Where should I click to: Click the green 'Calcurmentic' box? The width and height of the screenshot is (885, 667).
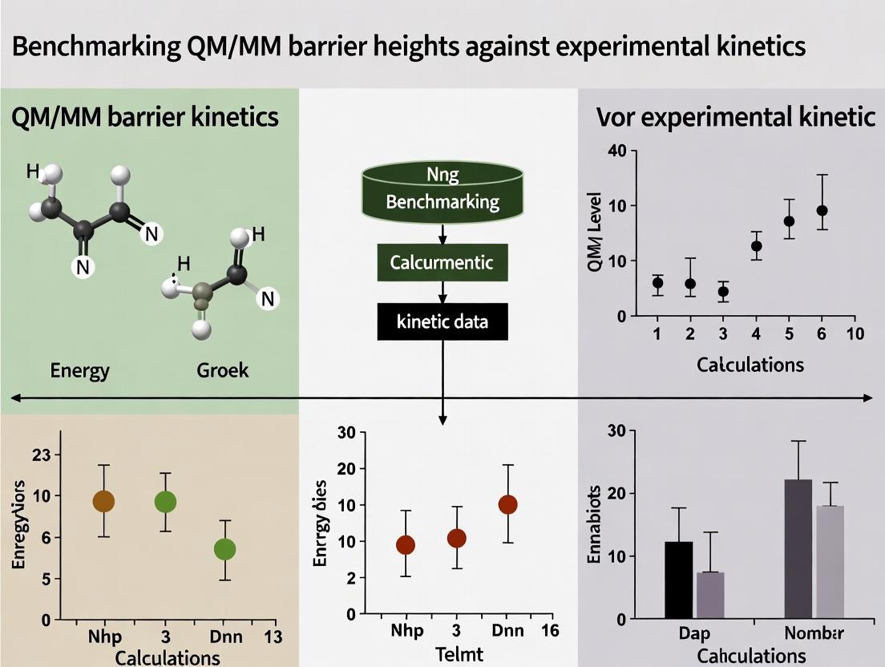[x=442, y=262]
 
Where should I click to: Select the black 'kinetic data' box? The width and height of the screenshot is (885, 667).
[x=442, y=322]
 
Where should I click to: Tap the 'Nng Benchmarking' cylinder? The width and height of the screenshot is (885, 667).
[x=442, y=192]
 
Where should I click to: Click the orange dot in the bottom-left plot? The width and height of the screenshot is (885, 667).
[x=103, y=502]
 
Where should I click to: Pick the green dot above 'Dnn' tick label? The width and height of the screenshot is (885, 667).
[x=224, y=549]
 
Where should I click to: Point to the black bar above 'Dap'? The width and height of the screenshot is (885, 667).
[x=679, y=580]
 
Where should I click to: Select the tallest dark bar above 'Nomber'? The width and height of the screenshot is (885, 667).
[x=798, y=548]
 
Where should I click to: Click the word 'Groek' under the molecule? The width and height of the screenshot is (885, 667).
[x=222, y=370]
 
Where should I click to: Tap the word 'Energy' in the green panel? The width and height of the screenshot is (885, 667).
[x=79, y=370]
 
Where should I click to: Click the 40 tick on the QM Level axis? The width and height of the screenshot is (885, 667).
[x=616, y=152]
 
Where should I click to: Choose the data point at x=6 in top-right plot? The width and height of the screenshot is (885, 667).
[x=822, y=211]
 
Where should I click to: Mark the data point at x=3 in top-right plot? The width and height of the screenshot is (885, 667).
[x=723, y=292]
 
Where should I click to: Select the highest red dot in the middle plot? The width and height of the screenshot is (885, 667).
[x=507, y=504]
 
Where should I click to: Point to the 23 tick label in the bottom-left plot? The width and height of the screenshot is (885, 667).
[x=39, y=455]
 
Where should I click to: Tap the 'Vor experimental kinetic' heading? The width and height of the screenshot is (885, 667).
[x=735, y=117]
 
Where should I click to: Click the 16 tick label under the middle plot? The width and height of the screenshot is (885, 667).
[x=549, y=629]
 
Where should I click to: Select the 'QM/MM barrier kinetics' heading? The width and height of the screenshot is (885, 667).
[x=145, y=117]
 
